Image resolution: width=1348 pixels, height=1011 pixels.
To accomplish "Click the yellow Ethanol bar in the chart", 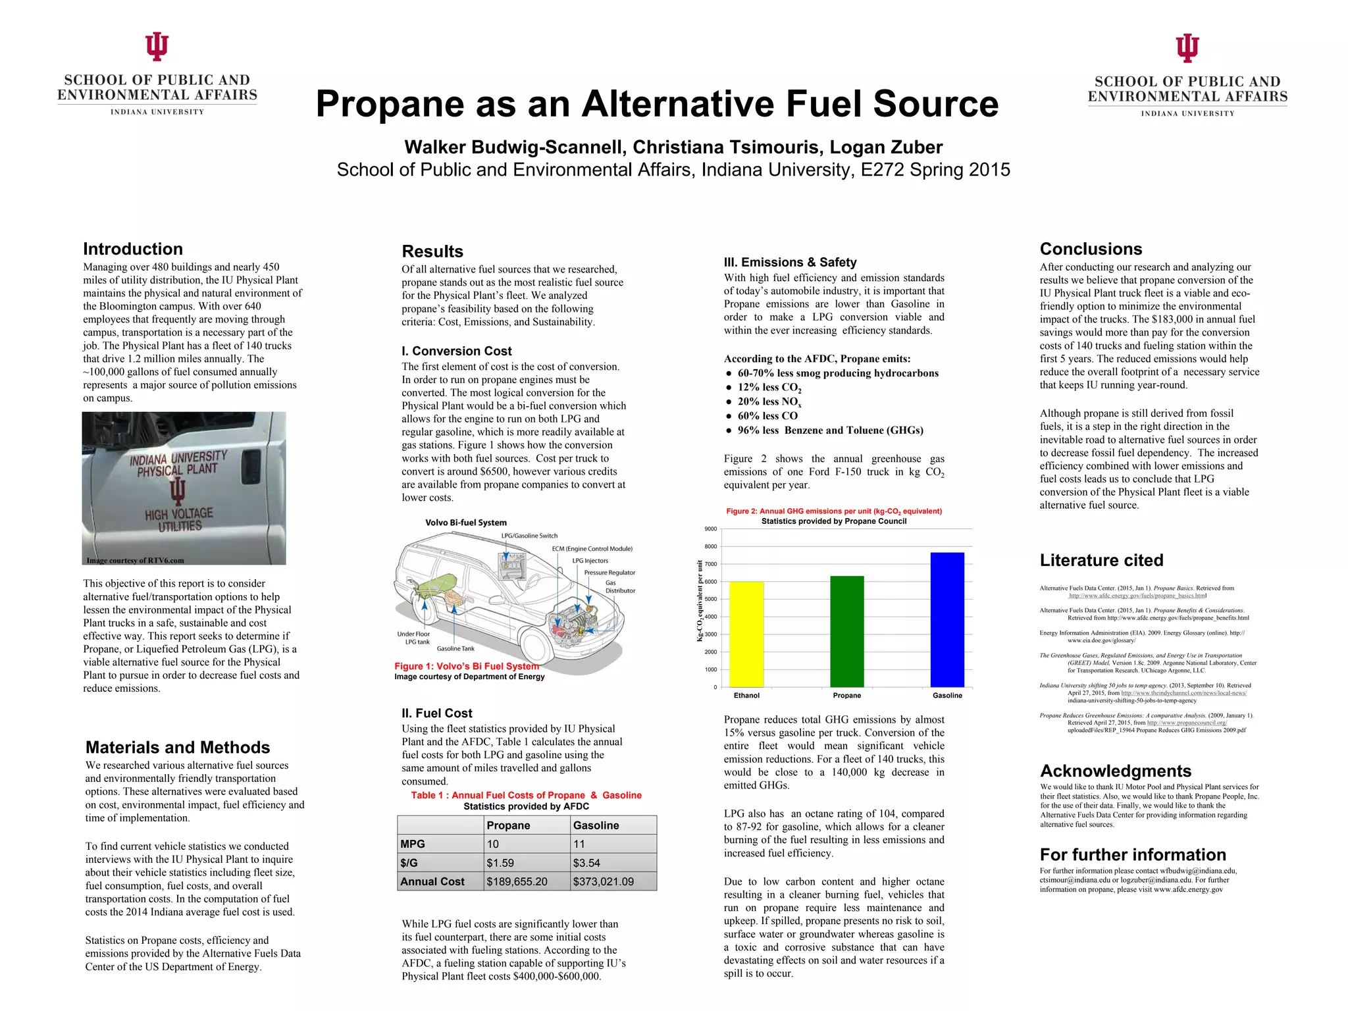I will pos(746,634).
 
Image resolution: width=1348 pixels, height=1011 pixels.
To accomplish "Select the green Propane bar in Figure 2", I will pos(846,631).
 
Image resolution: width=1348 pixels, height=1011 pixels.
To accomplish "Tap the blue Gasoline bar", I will pos(947,619).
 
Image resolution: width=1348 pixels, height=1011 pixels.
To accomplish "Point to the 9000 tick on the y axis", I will pos(711,529).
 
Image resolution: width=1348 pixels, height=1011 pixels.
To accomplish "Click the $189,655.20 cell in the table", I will pos(517,881).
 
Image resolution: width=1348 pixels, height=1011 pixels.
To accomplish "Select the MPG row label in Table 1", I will pos(413,844).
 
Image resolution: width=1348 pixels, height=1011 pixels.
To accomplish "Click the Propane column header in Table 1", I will pos(508,825).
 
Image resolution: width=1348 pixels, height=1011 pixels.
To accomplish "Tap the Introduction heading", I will pos(133,249).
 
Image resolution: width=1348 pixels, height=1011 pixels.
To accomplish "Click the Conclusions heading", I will pos(1091,249).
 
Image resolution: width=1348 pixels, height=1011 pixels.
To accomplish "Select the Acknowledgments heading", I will pos(1116,771).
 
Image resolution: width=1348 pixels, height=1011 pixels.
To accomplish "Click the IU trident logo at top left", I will pos(157,47).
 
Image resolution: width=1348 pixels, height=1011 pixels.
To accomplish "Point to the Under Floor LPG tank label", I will pos(413,638).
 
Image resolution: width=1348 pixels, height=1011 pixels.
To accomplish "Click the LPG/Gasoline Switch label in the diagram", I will pos(529,536).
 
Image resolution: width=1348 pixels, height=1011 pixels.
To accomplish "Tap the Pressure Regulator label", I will pos(609,573).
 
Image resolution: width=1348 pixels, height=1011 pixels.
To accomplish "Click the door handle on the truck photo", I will pos(251,465).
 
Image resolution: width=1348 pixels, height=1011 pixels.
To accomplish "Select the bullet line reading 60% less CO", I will pos(767,416).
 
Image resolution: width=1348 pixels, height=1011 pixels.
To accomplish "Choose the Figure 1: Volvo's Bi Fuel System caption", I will pos(467,666).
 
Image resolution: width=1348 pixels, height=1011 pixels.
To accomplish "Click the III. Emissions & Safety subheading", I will pos(790,262).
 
